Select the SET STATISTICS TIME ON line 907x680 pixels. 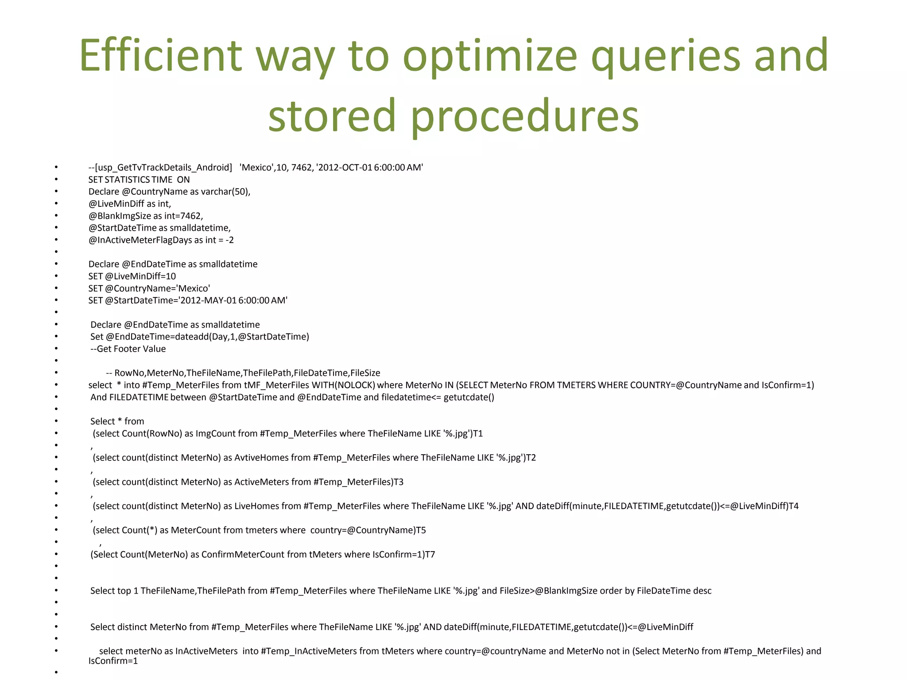tap(139, 180)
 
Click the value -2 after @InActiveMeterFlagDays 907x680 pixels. tap(229, 240)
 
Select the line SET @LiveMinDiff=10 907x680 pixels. tap(132, 276)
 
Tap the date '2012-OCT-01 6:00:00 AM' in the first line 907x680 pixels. tap(369, 167)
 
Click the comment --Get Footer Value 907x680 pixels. tap(128, 349)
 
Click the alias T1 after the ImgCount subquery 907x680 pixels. tap(478, 433)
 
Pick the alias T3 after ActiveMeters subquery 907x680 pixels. tap(399, 482)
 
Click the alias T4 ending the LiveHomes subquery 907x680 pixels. tap(794, 506)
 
